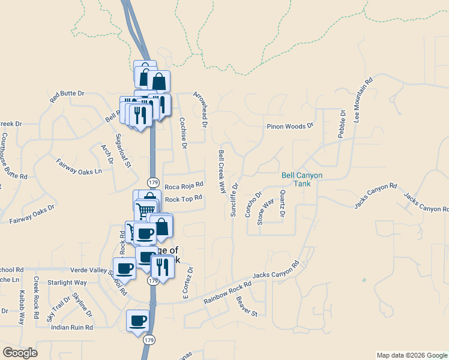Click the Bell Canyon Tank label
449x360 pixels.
click(x=302, y=179)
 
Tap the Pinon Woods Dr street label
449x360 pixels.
click(x=291, y=126)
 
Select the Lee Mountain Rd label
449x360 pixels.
click(x=363, y=100)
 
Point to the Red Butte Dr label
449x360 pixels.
click(x=67, y=96)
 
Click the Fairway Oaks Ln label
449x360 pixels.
click(x=79, y=166)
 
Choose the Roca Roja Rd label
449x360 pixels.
click(x=184, y=186)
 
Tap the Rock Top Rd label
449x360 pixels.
click(x=183, y=198)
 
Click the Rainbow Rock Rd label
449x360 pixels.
click(x=227, y=293)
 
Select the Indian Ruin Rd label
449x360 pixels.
click(x=72, y=328)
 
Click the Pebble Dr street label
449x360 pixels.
click(x=342, y=124)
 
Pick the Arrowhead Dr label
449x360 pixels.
click(x=199, y=110)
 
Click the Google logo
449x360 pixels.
click(x=20, y=353)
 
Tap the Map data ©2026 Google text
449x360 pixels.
click(x=411, y=355)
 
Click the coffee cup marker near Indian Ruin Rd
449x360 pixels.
click(x=137, y=320)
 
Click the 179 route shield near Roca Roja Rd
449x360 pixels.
click(x=153, y=182)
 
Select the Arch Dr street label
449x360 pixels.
click(x=107, y=154)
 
